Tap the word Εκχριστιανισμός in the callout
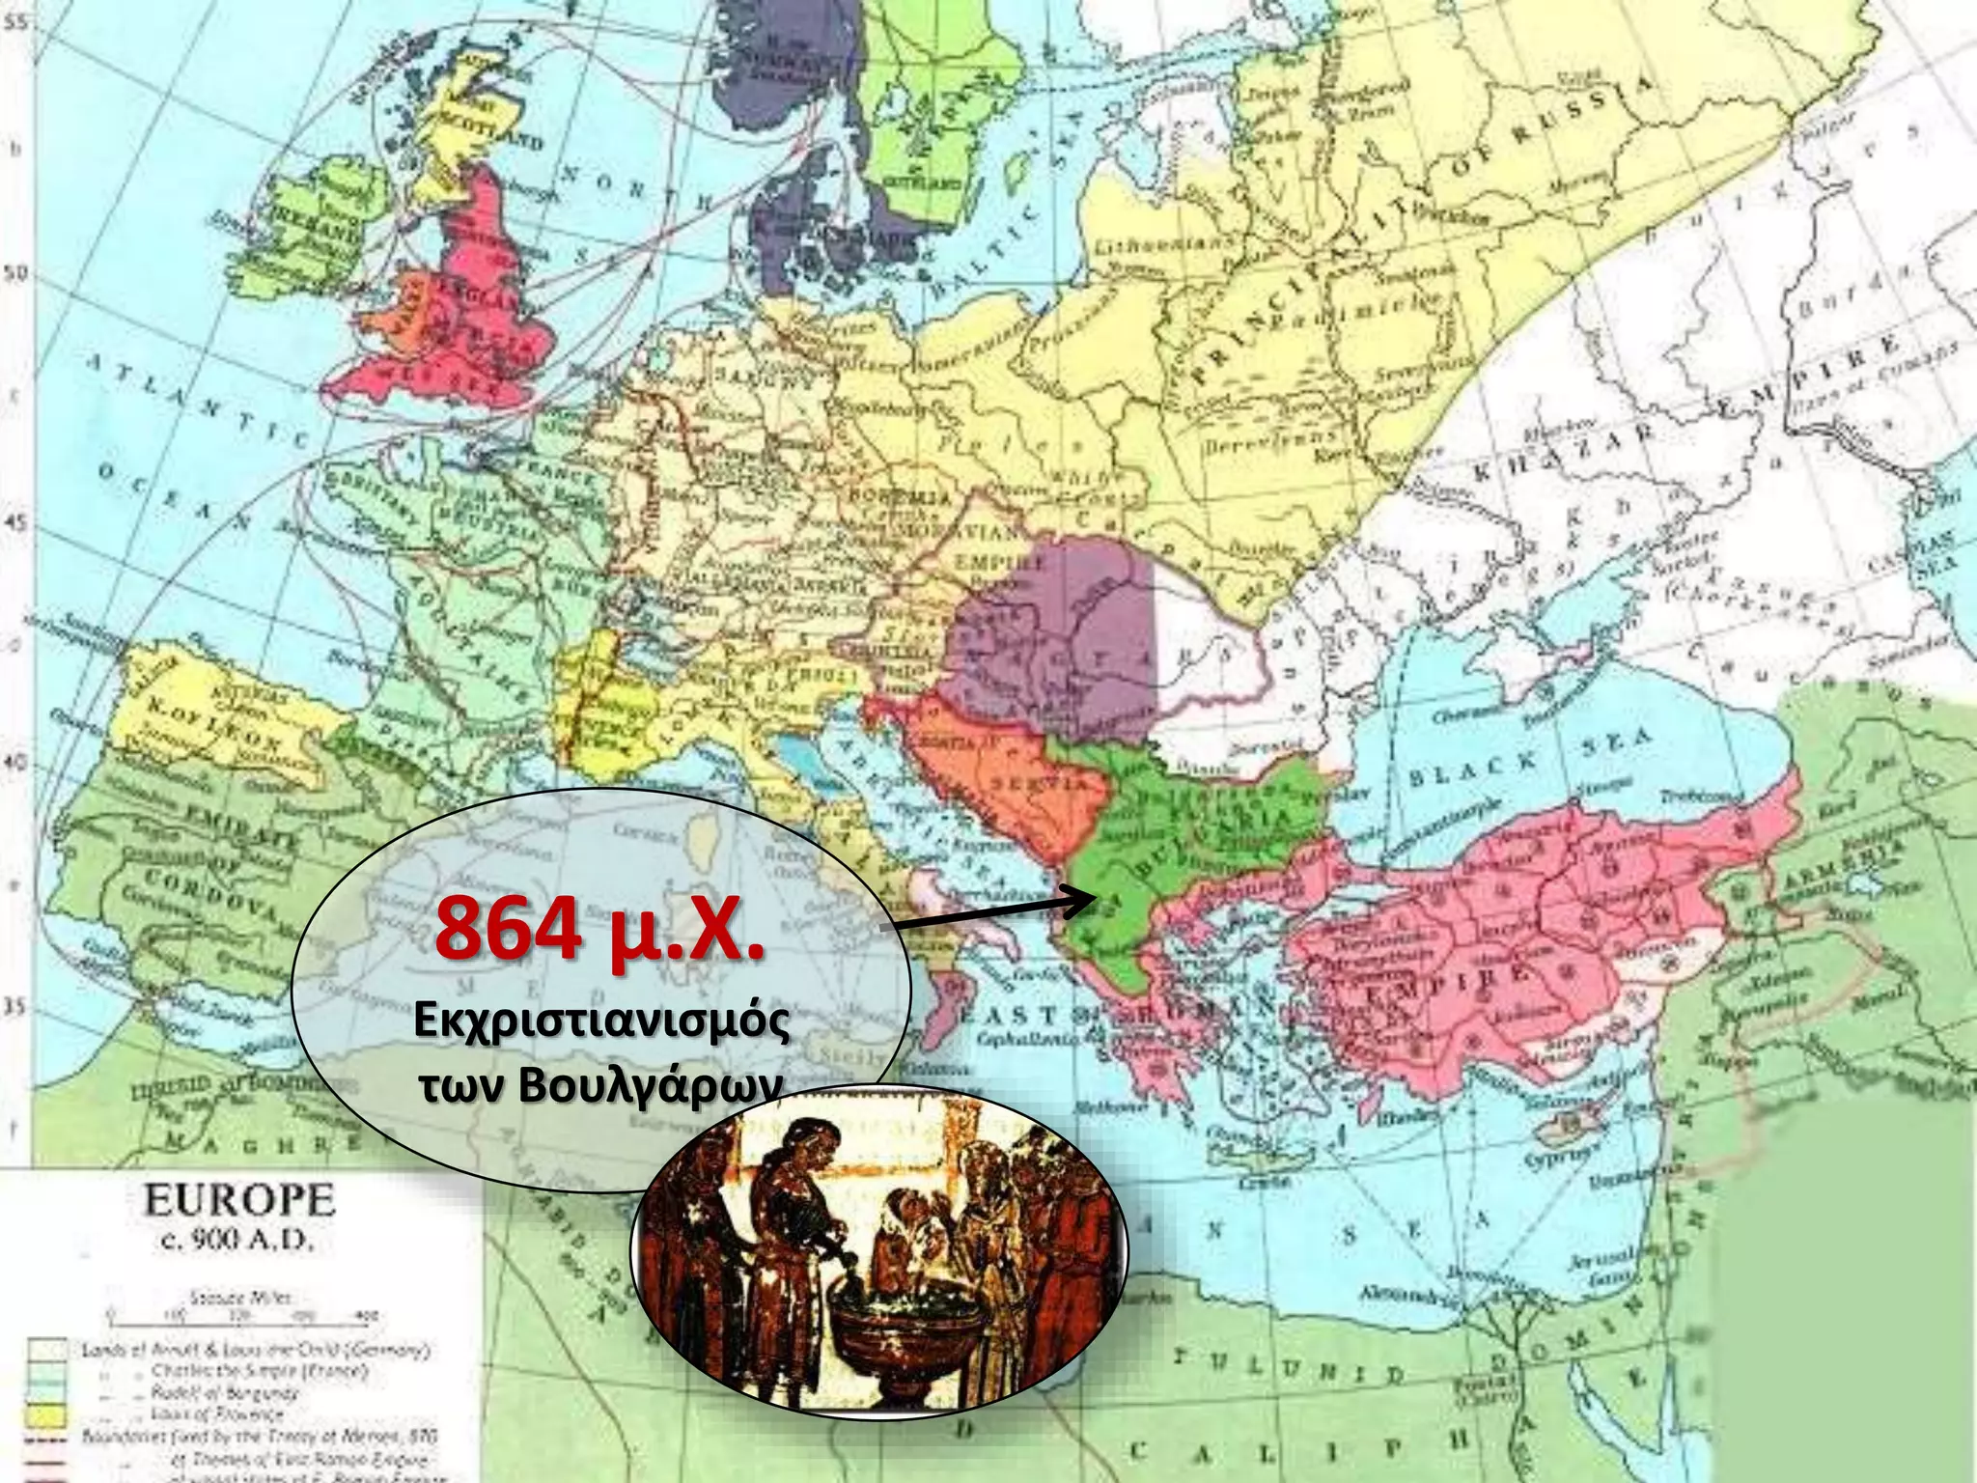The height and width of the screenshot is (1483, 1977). [x=600, y=1022]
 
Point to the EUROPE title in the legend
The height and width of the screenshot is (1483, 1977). [x=239, y=1202]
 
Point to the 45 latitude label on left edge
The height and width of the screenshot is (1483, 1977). [x=15, y=524]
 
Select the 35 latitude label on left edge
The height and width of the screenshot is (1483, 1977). [x=15, y=1007]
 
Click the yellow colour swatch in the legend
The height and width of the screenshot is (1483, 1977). [x=48, y=1415]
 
